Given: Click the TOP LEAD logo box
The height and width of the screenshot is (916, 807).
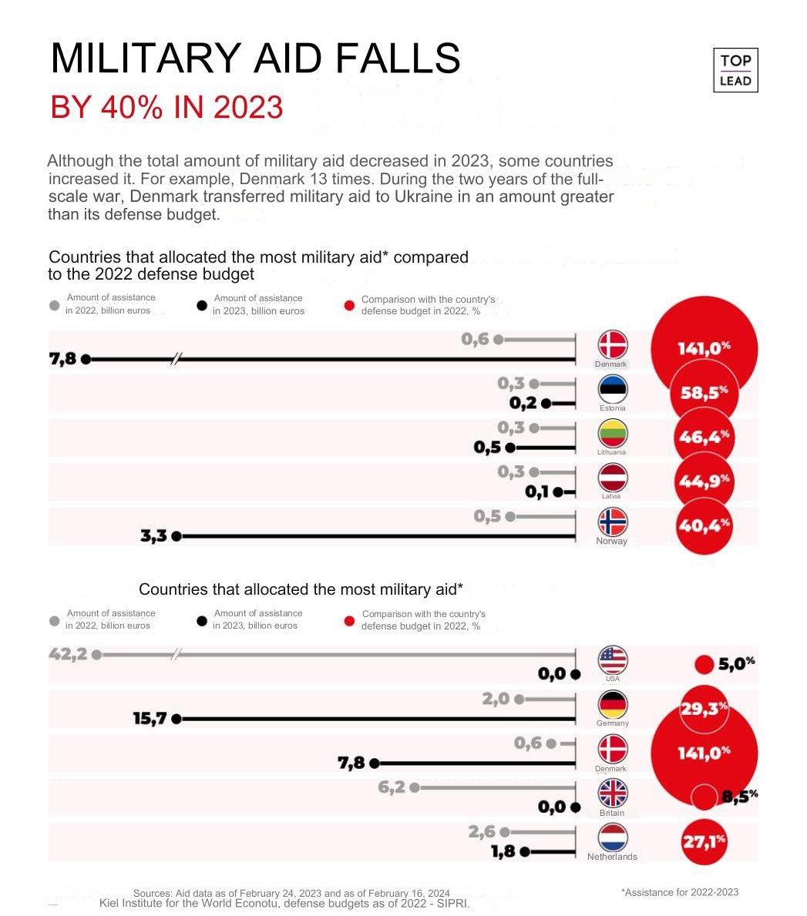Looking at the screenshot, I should click(735, 70).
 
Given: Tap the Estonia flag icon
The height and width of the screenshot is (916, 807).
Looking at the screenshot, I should click(613, 388).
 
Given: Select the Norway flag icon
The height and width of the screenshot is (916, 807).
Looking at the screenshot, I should click(613, 522).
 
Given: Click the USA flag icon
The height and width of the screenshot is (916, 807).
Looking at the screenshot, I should click(613, 660).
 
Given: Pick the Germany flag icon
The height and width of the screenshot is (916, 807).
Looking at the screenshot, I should click(613, 704).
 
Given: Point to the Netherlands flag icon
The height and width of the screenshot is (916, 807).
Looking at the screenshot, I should click(613, 838).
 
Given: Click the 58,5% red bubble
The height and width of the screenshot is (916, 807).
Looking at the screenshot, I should click(704, 393).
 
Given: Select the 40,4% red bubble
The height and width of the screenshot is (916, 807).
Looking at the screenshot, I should click(704, 527).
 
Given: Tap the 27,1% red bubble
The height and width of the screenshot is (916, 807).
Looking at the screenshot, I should click(704, 841).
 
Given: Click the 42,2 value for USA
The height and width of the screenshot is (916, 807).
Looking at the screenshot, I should click(65, 654).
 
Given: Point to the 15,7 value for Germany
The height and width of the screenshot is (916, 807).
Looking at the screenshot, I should click(150, 719).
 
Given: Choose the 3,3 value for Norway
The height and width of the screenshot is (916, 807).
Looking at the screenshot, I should click(153, 536).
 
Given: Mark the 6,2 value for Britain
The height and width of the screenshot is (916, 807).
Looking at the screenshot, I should click(392, 787).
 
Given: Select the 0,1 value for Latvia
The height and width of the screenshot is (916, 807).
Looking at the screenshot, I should click(537, 491).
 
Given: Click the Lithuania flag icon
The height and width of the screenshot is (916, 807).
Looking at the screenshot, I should click(613, 433).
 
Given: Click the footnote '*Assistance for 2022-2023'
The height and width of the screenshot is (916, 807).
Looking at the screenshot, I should click(679, 892).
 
